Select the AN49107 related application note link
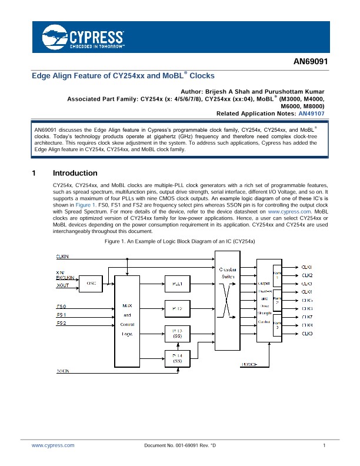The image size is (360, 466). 311,114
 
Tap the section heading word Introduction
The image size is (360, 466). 75,174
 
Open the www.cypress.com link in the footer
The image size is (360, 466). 53,446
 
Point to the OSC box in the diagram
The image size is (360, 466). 91,283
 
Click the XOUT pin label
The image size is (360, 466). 62,285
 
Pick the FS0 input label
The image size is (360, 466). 61,307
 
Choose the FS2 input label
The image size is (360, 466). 61,323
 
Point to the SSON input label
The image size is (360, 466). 62,371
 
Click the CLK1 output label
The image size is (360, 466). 306,267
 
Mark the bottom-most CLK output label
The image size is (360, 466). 306,334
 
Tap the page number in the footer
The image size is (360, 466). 324,446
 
